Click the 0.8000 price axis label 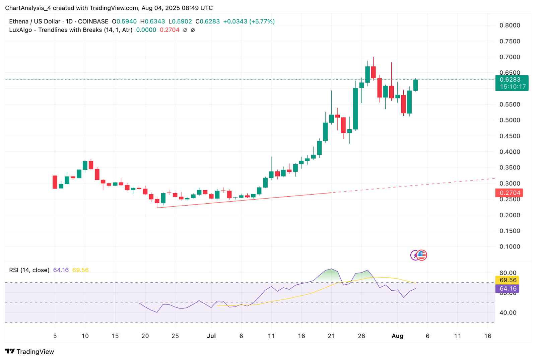click(510, 25)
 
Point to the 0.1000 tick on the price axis click(510, 247)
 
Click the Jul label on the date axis click(211, 336)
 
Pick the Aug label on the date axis click(397, 336)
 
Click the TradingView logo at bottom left click(29, 352)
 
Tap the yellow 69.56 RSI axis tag click(508, 280)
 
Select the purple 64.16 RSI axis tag click(508, 289)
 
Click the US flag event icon click(421, 255)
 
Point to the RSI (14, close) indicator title click(29, 270)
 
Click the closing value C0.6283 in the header click(208, 21)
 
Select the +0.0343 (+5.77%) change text click(249, 21)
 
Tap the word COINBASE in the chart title click(93, 21)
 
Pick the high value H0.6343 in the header click(152, 21)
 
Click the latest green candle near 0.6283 click(415, 85)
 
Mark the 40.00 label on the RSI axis click(508, 313)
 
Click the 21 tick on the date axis click(331, 336)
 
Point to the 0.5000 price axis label click(510, 120)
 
